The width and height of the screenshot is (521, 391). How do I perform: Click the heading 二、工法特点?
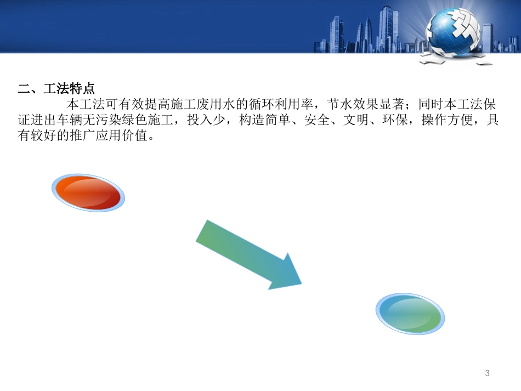pyautogui.click(x=57, y=88)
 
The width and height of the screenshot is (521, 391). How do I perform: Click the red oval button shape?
pyautogui.click(x=88, y=193)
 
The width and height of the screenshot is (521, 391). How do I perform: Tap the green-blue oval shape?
pyautogui.click(x=410, y=314)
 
